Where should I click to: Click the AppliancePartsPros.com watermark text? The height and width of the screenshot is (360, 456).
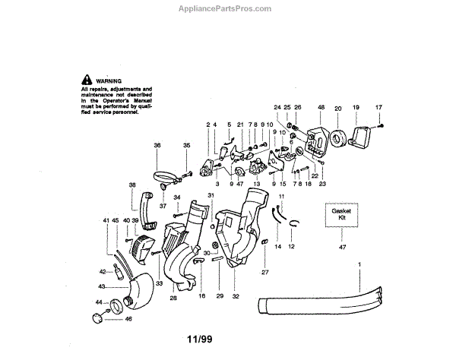227,8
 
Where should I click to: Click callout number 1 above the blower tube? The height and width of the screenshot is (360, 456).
360,264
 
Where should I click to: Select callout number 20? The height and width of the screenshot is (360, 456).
337,108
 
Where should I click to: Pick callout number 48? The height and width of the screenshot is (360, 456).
321,108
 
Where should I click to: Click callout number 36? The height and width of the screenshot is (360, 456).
157,145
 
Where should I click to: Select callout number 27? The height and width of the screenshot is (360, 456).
264,271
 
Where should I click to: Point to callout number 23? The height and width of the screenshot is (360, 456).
322,183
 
